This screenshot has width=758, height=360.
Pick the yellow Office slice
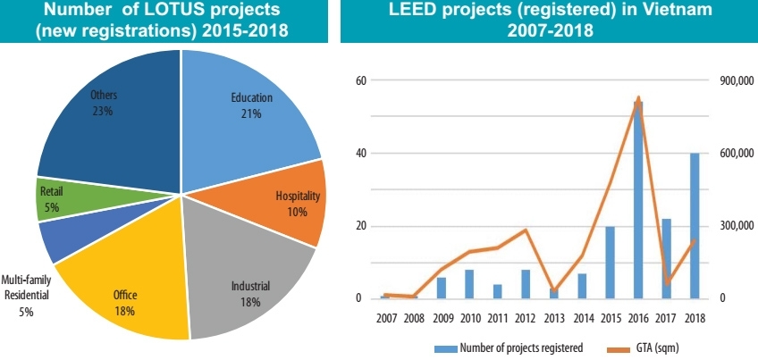[x=125, y=295]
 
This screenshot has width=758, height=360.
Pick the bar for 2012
[x=526, y=283]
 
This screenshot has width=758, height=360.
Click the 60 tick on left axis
[x=362, y=80]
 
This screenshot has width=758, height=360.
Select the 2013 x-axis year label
[x=554, y=318]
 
